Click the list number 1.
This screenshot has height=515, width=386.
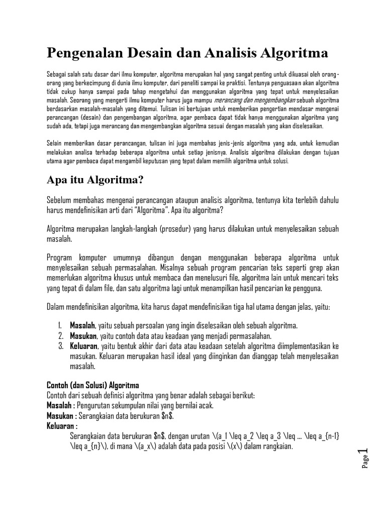60,326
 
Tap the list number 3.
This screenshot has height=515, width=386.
60,347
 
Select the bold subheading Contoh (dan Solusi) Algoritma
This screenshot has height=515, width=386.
88,385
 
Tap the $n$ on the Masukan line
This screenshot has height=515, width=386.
167,416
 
